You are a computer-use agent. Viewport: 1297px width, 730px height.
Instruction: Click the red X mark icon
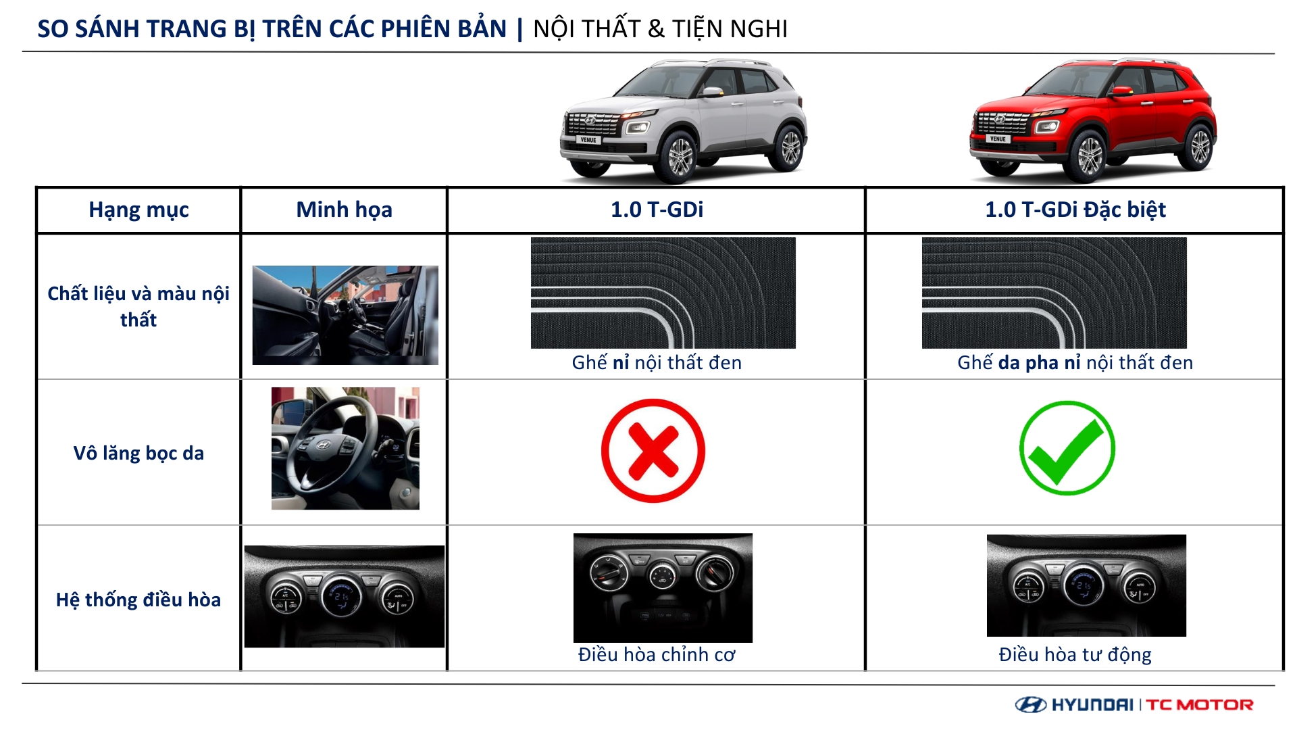click(x=653, y=451)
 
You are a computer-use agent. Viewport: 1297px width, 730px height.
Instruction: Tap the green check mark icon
click(x=1067, y=448)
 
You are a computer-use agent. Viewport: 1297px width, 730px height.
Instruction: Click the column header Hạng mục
click(x=138, y=210)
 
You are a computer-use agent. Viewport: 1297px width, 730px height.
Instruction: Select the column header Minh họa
click(x=344, y=210)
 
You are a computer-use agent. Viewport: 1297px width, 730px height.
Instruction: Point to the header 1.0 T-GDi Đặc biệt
click(x=1075, y=210)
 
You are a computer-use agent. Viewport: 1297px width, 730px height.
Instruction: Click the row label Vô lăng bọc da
click(x=138, y=453)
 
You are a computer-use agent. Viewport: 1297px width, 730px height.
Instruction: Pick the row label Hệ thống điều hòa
click(x=138, y=600)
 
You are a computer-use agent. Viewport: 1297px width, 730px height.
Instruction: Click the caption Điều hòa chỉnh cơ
click(x=657, y=654)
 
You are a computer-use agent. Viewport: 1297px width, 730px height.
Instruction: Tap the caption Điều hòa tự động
click(x=1075, y=654)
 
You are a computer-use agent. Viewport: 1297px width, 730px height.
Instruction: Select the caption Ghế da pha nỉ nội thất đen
click(x=1075, y=362)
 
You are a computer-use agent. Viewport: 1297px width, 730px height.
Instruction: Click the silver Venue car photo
click(x=684, y=120)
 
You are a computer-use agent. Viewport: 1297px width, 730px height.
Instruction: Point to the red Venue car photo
click(x=1093, y=120)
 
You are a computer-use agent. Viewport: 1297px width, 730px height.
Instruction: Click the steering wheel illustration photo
click(x=345, y=448)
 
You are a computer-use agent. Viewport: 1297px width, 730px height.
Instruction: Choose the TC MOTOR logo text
click(x=1200, y=705)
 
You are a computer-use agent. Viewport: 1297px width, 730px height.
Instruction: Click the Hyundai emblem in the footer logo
click(x=1031, y=705)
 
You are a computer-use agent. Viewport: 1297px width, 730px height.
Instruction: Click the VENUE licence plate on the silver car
click(x=588, y=140)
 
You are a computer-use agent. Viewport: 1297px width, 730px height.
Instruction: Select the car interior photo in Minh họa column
click(x=345, y=315)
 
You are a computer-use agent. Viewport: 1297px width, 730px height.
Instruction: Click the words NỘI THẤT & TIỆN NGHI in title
click(x=660, y=29)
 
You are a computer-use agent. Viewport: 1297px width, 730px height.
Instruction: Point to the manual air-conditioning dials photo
click(x=663, y=587)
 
